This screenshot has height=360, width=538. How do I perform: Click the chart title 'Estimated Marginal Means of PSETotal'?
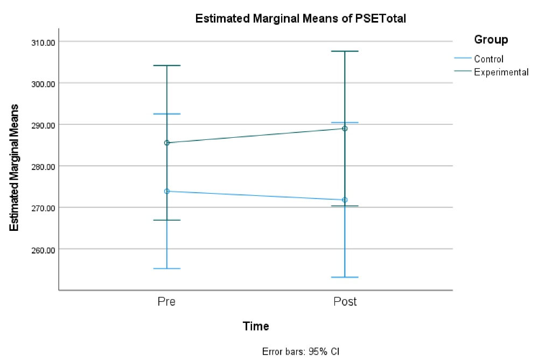(x=300, y=19)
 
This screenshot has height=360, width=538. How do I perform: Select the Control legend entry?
(x=488, y=59)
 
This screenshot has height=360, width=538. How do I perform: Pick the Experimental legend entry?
(x=501, y=72)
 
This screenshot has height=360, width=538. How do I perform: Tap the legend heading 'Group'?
(x=491, y=39)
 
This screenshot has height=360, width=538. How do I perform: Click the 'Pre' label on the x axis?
(x=166, y=301)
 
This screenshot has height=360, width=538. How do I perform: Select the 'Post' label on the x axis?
(x=345, y=301)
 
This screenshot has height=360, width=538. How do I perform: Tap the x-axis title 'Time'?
(x=256, y=326)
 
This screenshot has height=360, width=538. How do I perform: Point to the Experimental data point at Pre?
(x=166, y=143)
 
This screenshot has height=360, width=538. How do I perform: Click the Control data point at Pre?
(x=166, y=191)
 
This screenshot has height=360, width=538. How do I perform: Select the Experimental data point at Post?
(x=345, y=129)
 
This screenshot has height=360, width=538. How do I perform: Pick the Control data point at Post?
(x=345, y=200)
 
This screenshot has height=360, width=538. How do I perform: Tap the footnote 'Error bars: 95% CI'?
(x=301, y=352)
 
